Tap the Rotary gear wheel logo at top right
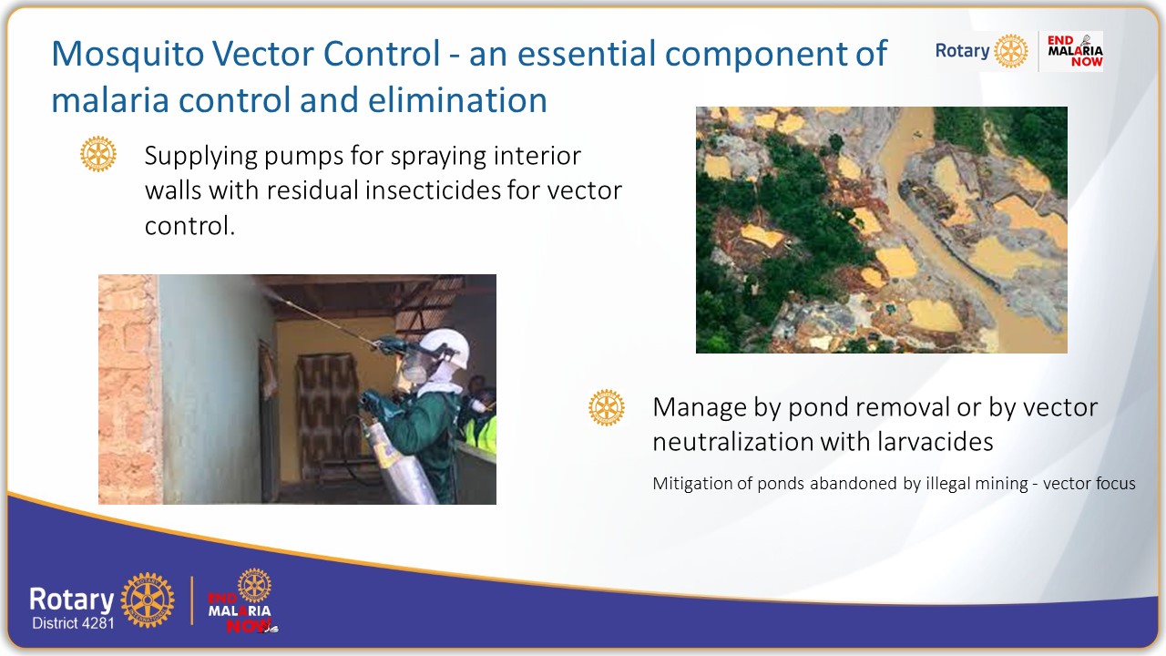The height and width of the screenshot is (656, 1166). click(x=1010, y=51)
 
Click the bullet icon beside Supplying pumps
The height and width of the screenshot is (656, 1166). click(x=98, y=154)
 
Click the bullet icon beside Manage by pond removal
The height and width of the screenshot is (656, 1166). click(x=607, y=407)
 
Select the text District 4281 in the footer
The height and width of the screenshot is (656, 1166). click(x=73, y=624)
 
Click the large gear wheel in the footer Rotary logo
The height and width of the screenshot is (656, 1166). click(x=148, y=600)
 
